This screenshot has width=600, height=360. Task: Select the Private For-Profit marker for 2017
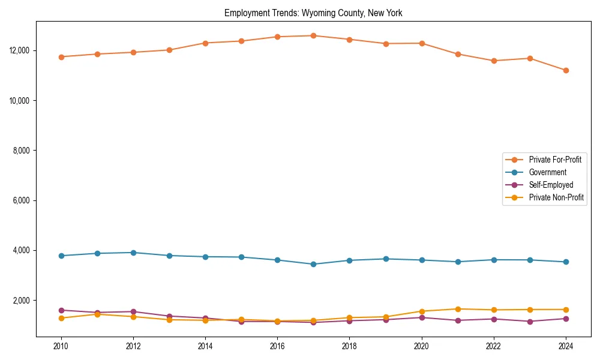313,35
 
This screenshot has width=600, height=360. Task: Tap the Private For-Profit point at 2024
566,70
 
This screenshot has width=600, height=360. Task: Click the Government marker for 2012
133,253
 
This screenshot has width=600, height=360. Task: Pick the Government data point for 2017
313,264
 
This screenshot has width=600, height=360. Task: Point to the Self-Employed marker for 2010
61,310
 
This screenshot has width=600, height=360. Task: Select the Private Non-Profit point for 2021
458,309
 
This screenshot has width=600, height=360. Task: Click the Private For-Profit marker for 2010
61,57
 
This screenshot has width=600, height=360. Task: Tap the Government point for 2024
566,262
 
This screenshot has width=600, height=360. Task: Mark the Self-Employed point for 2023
530,322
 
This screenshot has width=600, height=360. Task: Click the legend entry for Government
547,172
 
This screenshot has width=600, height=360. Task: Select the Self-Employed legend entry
551,185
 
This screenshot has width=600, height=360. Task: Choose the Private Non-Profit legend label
556,197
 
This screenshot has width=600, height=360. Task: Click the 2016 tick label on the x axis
277,346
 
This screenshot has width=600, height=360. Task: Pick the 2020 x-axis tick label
422,346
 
